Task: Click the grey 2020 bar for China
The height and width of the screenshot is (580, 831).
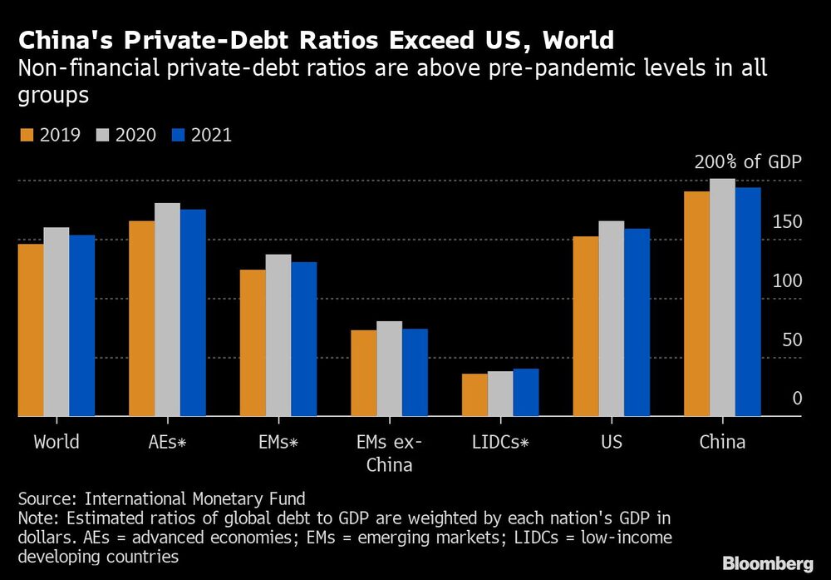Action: pos(722,297)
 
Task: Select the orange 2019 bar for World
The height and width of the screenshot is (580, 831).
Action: pos(31,330)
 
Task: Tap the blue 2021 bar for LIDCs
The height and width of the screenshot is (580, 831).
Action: pos(526,392)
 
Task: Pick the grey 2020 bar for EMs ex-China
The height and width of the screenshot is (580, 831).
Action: pos(390,369)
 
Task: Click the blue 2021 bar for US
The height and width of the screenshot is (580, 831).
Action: pos(637,323)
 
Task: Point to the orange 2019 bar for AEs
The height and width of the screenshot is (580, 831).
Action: pos(142,319)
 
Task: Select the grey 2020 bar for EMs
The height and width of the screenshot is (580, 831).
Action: pos(278,335)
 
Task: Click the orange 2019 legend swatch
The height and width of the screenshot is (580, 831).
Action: pos(27,135)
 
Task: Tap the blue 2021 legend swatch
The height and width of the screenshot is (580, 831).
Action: pos(179,135)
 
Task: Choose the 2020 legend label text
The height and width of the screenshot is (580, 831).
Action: pos(135,135)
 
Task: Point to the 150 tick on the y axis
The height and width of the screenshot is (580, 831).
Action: pos(787,222)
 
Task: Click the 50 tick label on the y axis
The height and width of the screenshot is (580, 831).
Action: pos(792,340)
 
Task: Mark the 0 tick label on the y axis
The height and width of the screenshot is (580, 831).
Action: pos(797,399)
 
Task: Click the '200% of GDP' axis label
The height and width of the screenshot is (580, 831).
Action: pos(748,161)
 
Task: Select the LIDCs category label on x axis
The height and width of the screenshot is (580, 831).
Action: pos(500,442)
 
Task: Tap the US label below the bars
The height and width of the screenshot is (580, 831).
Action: pos(612,442)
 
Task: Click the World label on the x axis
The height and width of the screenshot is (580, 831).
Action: pos(57,442)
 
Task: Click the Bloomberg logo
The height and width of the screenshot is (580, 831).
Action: pos(768,563)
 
